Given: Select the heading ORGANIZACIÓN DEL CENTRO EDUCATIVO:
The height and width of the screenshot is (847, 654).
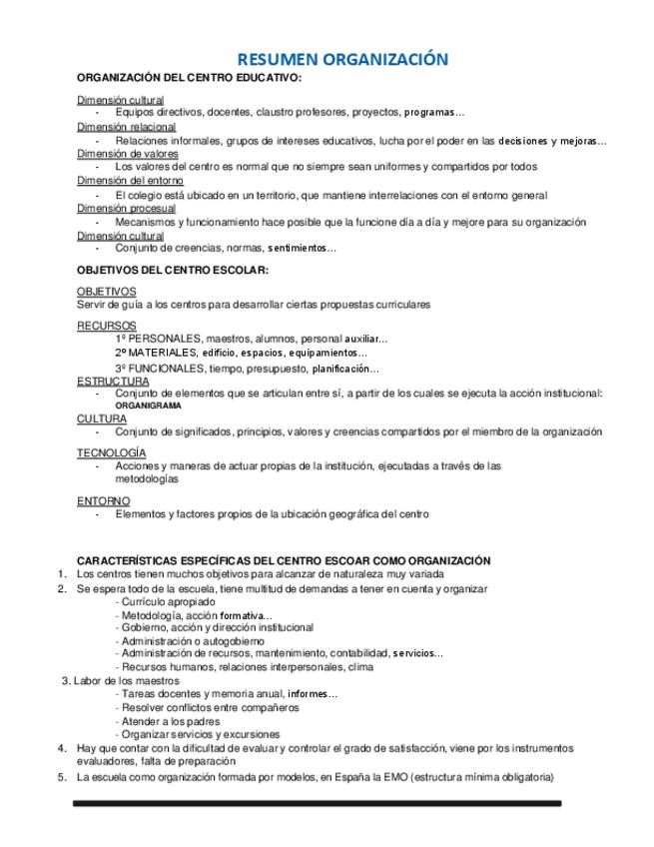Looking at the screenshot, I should coord(189,78).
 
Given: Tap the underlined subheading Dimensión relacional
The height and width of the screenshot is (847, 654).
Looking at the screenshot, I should coord(126,127).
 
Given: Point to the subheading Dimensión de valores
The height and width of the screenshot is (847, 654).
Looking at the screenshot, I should coord(128,154).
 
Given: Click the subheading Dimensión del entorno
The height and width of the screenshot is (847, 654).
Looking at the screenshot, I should coord(130,181).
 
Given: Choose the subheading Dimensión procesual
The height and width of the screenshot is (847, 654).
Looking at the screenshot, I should coord(126,208).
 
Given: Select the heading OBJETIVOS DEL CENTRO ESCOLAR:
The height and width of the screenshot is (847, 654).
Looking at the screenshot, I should coord(173,270).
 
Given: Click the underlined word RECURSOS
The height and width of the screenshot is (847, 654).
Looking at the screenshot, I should coord(105,326).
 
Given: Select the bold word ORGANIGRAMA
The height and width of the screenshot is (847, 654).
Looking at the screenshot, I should coord(149,407).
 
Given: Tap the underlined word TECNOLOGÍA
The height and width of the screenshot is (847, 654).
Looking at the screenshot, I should coord(111,452).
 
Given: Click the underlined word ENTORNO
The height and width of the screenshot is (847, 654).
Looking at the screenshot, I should coord(103,500).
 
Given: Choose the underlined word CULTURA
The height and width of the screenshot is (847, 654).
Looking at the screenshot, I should coord(102,419).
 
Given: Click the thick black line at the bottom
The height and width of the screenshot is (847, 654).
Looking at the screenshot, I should coord(317,803).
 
